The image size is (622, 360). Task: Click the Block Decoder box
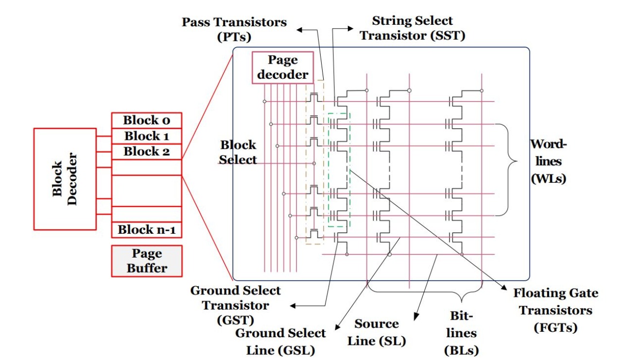[65, 179]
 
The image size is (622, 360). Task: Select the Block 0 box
[147, 120]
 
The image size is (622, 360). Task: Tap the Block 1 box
[147, 136]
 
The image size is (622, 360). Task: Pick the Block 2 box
[147, 151]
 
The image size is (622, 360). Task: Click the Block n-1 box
[147, 229]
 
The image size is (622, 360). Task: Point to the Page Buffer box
[147, 261]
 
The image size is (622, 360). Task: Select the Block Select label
[238, 152]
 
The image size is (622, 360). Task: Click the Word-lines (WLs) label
[549, 161]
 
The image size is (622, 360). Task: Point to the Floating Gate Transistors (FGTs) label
[556, 310]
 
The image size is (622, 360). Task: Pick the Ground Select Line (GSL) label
[280, 342]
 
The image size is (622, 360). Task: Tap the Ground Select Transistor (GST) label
[235, 305]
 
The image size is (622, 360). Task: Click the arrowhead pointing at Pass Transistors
[300, 30]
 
